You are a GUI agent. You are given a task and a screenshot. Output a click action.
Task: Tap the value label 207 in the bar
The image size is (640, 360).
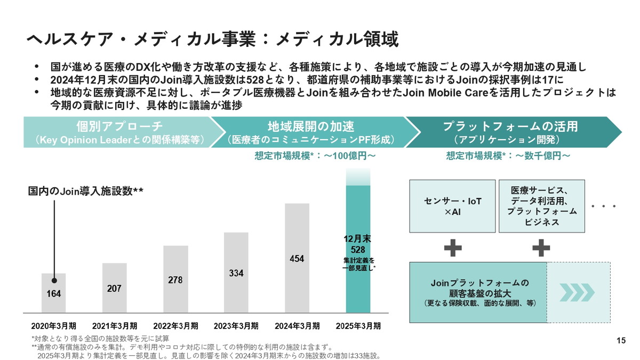tap(114, 289)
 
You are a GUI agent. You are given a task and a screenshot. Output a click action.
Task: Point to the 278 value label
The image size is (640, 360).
tap(175, 279)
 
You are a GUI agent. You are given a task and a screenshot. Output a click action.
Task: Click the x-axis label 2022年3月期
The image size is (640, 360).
tap(175, 326)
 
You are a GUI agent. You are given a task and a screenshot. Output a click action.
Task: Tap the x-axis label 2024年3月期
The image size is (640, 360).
tap(297, 326)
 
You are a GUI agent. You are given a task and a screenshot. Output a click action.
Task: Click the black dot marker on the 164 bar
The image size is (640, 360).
tap(54, 280)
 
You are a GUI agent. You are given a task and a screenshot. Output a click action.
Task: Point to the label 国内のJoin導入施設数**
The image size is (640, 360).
tap(85, 191)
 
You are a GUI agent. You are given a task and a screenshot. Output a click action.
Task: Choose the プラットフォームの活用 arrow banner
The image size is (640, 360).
tap(509, 132)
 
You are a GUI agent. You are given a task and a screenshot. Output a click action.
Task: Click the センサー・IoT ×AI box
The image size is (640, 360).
tap(452, 206)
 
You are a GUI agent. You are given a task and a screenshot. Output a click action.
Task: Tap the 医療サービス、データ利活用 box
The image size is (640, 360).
tap(541, 206)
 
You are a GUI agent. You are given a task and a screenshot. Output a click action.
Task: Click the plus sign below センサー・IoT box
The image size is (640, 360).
tap(452, 247)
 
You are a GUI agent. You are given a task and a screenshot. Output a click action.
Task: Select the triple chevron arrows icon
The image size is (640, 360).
tap(579, 292)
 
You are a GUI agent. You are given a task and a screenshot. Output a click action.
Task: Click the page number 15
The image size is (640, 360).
tap(621, 341)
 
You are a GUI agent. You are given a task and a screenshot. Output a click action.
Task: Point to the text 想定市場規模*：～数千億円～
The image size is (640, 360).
tap(508, 156)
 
